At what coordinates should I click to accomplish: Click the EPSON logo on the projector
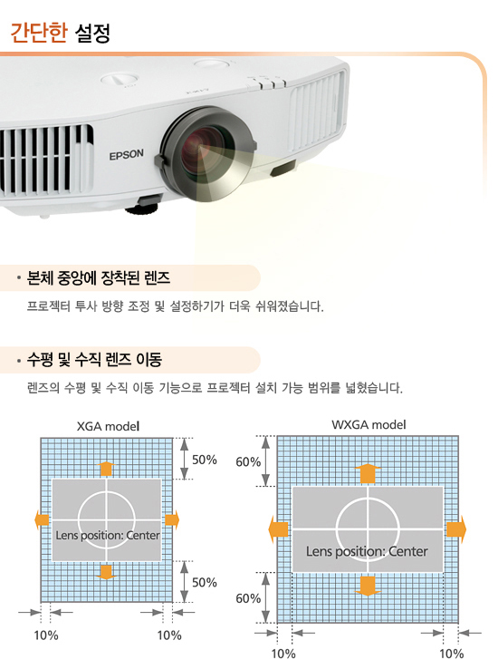126,154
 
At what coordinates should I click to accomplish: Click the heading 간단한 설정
60,33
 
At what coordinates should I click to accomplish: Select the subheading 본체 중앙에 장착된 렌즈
99,278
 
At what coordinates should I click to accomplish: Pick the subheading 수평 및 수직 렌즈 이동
94,359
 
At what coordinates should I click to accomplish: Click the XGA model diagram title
109,426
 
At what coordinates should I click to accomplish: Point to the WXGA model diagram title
369,424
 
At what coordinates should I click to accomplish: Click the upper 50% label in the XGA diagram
204,460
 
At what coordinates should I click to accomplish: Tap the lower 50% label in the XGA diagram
204,582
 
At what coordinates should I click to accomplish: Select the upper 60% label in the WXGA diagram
248,461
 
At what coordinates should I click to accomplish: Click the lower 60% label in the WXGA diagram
248,598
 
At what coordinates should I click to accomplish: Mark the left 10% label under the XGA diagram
46,635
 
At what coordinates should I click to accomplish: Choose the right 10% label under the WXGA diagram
452,654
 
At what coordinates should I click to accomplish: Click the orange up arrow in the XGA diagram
106,469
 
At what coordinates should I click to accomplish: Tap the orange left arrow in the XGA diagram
42,520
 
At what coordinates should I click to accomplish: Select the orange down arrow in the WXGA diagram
368,586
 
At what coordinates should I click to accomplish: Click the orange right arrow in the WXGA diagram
456,529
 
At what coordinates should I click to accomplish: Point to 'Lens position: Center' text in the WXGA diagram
367,551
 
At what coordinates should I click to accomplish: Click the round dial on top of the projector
120,80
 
